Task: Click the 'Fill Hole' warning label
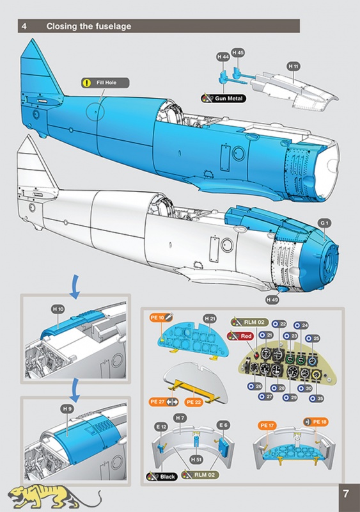click(x=105, y=83)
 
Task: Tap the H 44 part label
click(x=223, y=57)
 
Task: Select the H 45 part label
click(x=238, y=52)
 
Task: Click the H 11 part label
click(x=293, y=67)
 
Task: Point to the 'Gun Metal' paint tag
click(x=224, y=99)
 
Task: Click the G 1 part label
click(x=324, y=223)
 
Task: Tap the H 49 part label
click(x=272, y=300)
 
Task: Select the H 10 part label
click(x=58, y=309)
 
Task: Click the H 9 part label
click(x=67, y=409)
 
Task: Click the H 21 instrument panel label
click(x=210, y=318)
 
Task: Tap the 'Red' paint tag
click(x=240, y=336)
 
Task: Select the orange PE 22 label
click(x=194, y=402)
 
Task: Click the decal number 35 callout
click(x=317, y=398)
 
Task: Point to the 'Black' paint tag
click(x=162, y=477)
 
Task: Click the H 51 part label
click(x=196, y=460)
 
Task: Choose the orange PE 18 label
click(x=316, y=422)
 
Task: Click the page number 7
click(x=346, y=493)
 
